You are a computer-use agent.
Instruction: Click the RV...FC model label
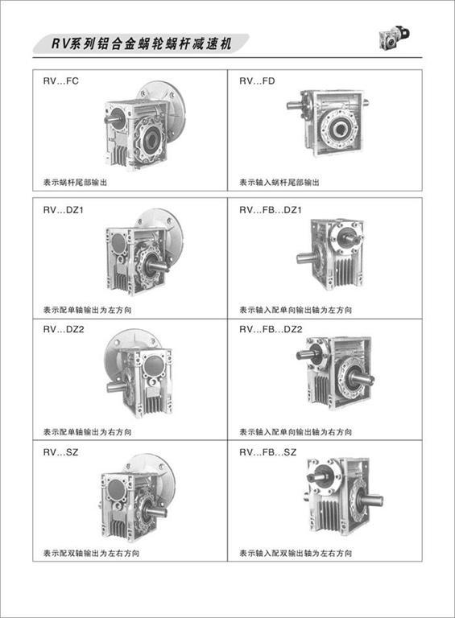60,81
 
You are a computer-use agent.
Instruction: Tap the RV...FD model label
257,81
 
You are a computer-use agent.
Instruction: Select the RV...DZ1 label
64,210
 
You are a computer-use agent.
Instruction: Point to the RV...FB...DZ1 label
271,210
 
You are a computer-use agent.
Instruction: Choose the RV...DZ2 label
64,329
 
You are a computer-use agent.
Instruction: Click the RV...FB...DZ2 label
271,329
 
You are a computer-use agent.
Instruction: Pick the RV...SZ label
60,452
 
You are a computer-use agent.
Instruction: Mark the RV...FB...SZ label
267,452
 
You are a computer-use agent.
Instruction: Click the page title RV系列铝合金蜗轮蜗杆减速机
141,43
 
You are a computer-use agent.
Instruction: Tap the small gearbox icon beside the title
395,38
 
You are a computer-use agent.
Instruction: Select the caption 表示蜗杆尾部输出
75,183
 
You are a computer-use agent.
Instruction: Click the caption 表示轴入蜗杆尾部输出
279,183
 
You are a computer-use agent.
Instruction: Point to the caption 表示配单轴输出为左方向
87,310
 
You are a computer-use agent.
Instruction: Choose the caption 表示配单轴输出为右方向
87,432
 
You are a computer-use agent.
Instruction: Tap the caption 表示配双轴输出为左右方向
91,554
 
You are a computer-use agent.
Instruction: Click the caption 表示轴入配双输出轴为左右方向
296,554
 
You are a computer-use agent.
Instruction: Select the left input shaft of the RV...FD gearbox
294,105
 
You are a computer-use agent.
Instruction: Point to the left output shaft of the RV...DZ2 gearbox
115,386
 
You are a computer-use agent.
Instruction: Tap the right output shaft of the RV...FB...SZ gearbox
373,501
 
